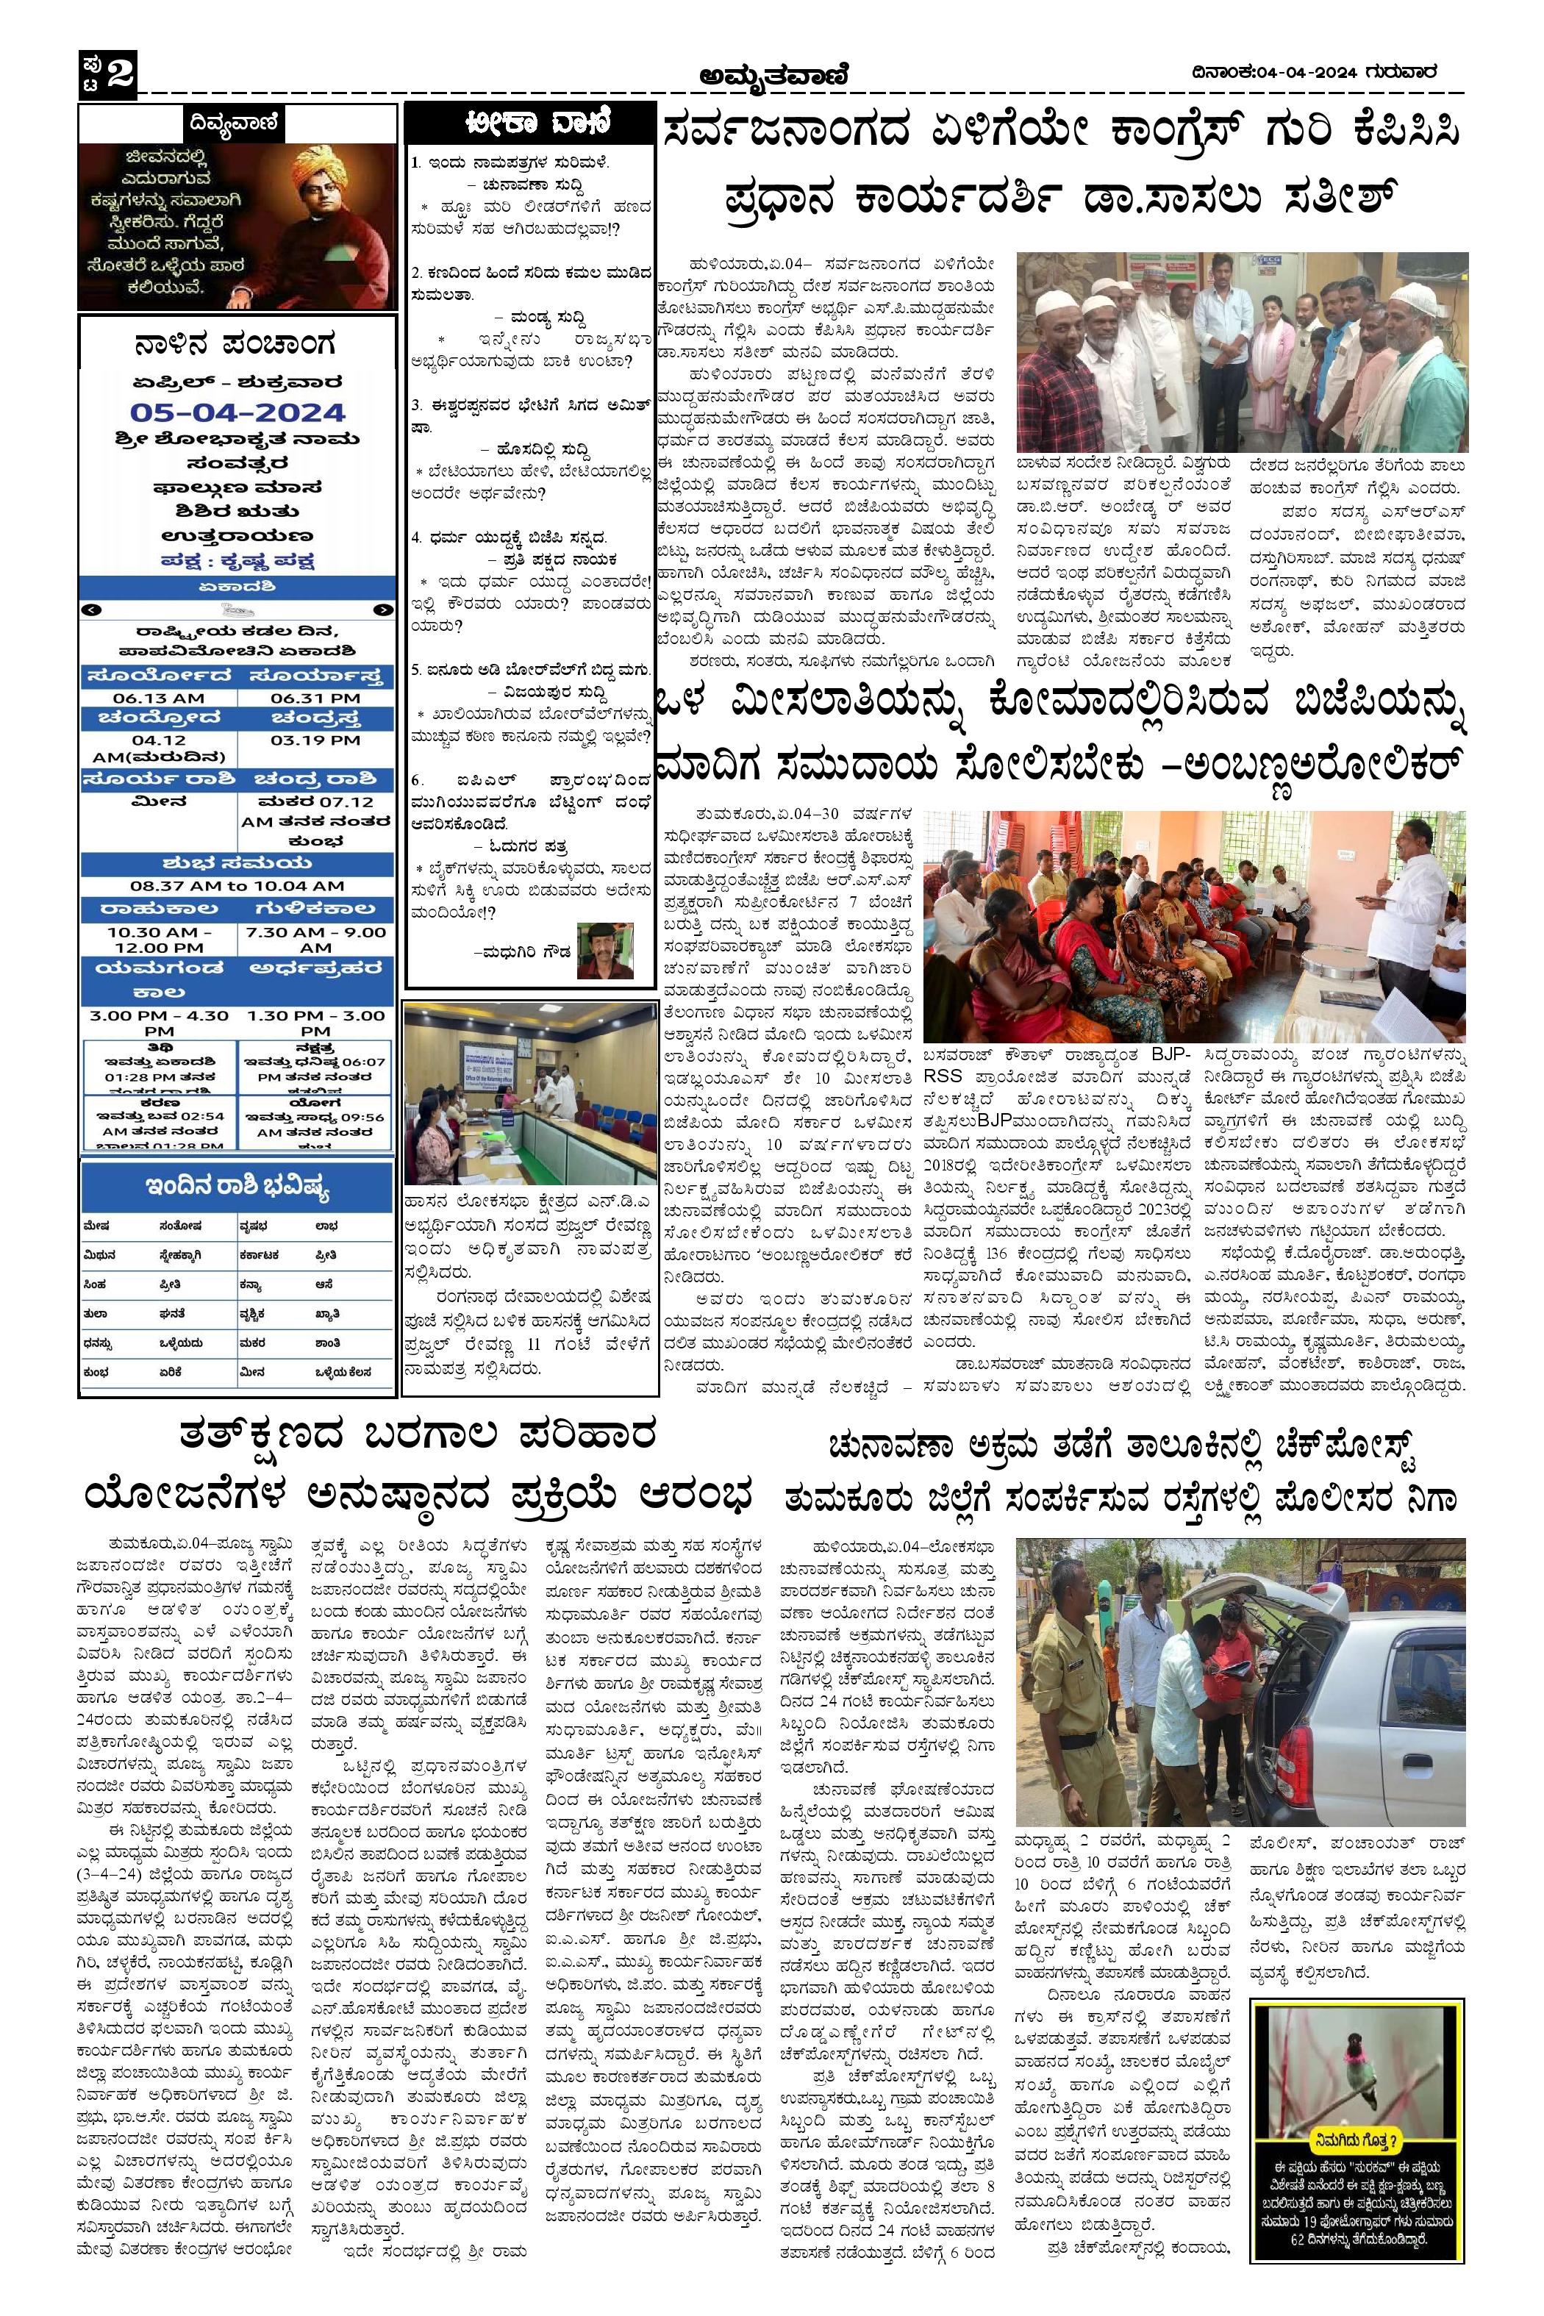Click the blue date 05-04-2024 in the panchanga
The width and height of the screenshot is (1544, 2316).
pos(237,412)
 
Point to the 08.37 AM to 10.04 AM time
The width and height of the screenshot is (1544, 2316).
pos(237,885)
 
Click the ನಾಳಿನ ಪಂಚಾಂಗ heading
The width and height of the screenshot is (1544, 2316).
pos(236,345)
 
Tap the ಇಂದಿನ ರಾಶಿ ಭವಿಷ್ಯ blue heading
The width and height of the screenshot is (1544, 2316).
pos(236,1185)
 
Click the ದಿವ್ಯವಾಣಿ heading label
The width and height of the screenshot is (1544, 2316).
pos(236,124)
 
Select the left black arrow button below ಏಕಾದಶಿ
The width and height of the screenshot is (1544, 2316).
pos(92,610)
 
